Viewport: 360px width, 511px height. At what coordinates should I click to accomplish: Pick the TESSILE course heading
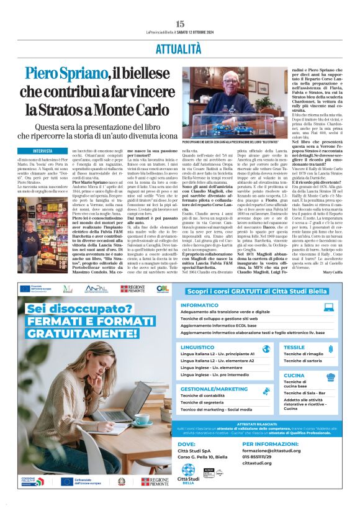pos(294,347)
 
